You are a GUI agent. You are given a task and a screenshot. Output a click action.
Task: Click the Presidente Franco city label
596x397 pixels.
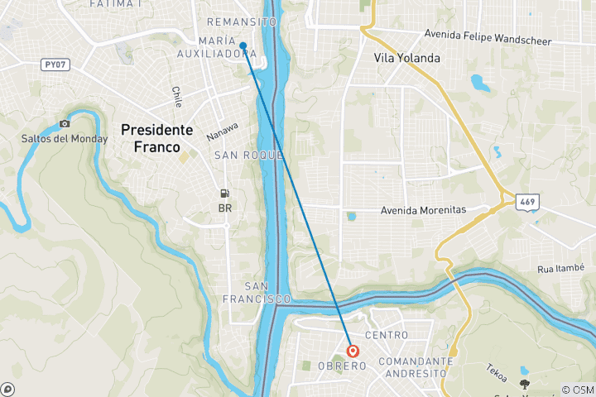coord(157,138)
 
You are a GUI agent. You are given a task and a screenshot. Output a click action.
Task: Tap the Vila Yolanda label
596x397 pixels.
coord(407,58)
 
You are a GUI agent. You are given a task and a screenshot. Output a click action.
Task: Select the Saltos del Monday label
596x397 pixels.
coord(65,138)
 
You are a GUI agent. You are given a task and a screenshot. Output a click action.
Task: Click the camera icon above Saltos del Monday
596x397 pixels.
coord(65,124)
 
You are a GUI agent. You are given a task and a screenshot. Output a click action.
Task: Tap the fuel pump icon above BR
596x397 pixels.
coord(224,194)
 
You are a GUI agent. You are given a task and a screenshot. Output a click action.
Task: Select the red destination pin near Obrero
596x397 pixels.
coord(353,350)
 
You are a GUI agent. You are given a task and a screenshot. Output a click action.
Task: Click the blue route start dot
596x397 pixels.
coord(243,45)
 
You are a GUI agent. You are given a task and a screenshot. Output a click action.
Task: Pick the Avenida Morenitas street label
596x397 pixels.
coord(423,210)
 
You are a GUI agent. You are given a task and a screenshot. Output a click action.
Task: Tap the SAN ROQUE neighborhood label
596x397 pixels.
coord(248,155)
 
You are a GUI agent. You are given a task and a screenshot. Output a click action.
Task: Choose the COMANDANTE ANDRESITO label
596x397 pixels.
coord(411,366)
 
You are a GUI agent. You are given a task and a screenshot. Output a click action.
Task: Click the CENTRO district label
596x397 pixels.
coord(386,335)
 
